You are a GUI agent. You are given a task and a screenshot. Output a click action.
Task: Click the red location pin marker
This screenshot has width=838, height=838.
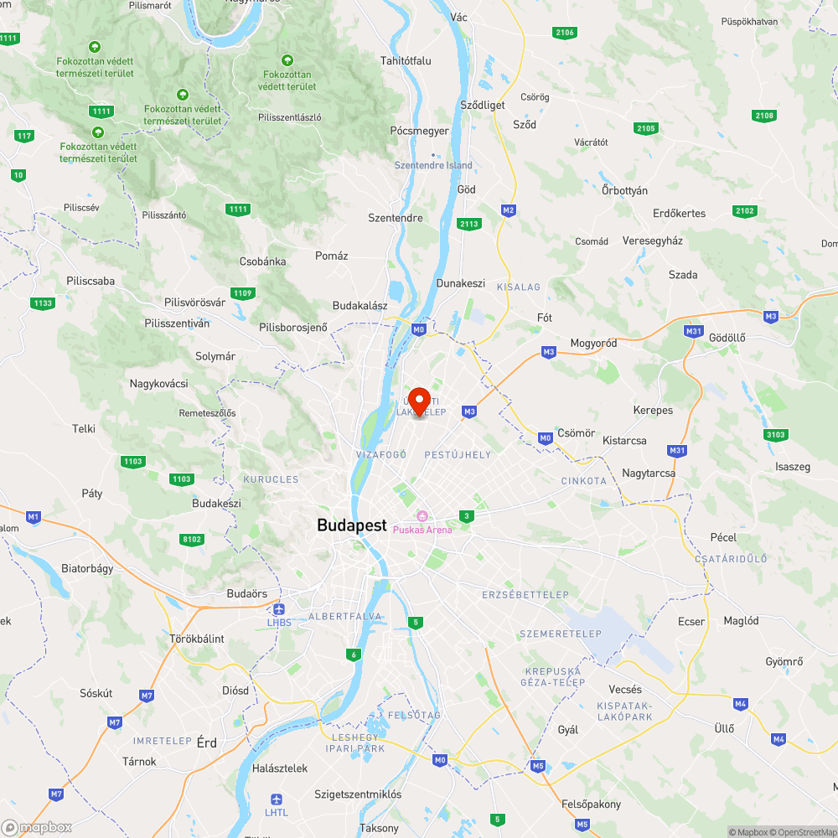tap(419, 401)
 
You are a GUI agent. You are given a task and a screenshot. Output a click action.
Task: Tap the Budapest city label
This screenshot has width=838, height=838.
tap(352, 525)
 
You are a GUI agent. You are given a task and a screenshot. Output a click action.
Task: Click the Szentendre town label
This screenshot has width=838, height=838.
tap(396, 218)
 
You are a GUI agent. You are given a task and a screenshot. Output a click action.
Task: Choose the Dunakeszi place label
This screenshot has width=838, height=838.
tap(460, 283)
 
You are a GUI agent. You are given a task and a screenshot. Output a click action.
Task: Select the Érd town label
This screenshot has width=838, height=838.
tap(206, 742)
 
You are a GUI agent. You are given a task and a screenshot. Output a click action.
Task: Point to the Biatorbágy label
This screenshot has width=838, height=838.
tap(87, 568)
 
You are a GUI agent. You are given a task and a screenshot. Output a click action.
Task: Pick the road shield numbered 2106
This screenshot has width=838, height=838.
tap(565, 32)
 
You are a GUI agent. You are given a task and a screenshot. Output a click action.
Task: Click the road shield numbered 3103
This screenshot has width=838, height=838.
tap(776, 434)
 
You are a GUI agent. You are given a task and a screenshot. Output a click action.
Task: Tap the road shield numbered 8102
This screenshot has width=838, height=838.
tap(192, 539)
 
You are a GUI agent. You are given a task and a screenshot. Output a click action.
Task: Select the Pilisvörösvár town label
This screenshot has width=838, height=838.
tap(195, 302)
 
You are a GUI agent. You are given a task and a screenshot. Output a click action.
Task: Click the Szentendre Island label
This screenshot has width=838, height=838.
tap(433, 165)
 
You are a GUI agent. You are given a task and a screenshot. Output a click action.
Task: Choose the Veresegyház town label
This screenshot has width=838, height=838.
tap(653, 241)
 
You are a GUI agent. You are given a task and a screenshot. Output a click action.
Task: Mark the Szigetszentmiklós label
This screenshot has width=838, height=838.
tap(358, 794)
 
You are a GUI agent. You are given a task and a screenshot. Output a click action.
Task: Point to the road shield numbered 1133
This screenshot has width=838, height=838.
tap(42, 303)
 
